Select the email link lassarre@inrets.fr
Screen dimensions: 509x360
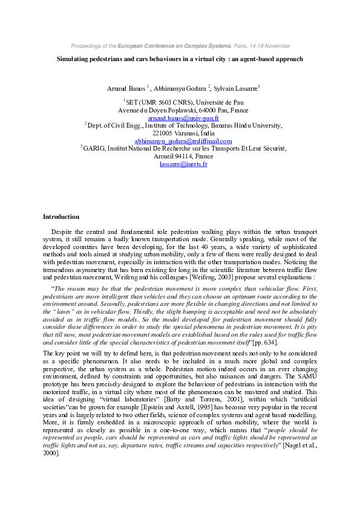183,164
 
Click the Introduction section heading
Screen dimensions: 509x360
61,216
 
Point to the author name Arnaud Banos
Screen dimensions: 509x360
126,88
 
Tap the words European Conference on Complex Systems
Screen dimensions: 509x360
175,46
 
